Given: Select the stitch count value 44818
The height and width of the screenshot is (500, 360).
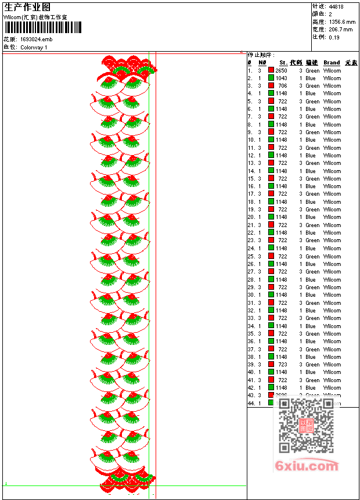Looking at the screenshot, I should click(x=337, y=6).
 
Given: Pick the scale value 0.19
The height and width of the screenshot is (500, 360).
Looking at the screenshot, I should click(x=334, y=37).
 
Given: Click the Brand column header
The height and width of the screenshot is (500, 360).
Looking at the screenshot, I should click(x=332, y=63).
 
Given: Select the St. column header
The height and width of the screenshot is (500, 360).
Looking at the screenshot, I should click(x=283, y=63).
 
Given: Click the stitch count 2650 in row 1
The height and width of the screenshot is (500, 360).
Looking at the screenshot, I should click(x=281, y=70).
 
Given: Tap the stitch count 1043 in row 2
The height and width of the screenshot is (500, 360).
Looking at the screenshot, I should click(x=281, y=78).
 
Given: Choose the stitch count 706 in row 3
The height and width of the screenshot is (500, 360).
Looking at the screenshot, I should click(x=282, y=86).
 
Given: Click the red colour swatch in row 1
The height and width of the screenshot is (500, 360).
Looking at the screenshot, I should click(x=271, y=70).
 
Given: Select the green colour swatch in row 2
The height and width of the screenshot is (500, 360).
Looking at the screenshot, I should click(x=271, y=78).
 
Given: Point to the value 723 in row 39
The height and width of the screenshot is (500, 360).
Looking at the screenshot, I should click(x=282, y=365).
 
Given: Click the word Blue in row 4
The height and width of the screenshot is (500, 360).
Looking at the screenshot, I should click(x=311, y=93).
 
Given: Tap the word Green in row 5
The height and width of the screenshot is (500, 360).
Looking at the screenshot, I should click(x=312, y=101).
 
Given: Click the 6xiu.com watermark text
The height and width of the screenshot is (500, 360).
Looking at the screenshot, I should click(x=307, y=466).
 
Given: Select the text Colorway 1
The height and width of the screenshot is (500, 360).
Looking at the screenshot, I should click(x=34, y=47).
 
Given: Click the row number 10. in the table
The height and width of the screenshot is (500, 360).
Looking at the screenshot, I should click(x=251, y=140).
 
